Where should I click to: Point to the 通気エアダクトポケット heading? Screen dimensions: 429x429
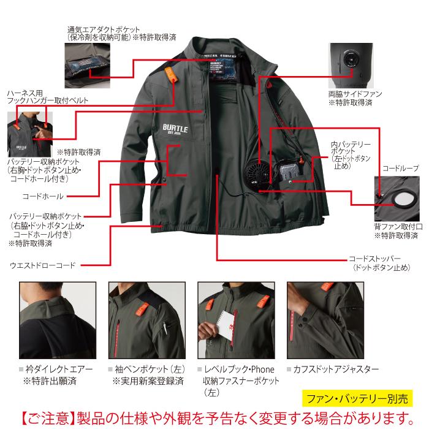tap(104, 29)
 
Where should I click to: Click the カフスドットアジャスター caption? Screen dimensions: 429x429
tap(337, 370)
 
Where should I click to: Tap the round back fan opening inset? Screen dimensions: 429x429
tap(401, 199)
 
